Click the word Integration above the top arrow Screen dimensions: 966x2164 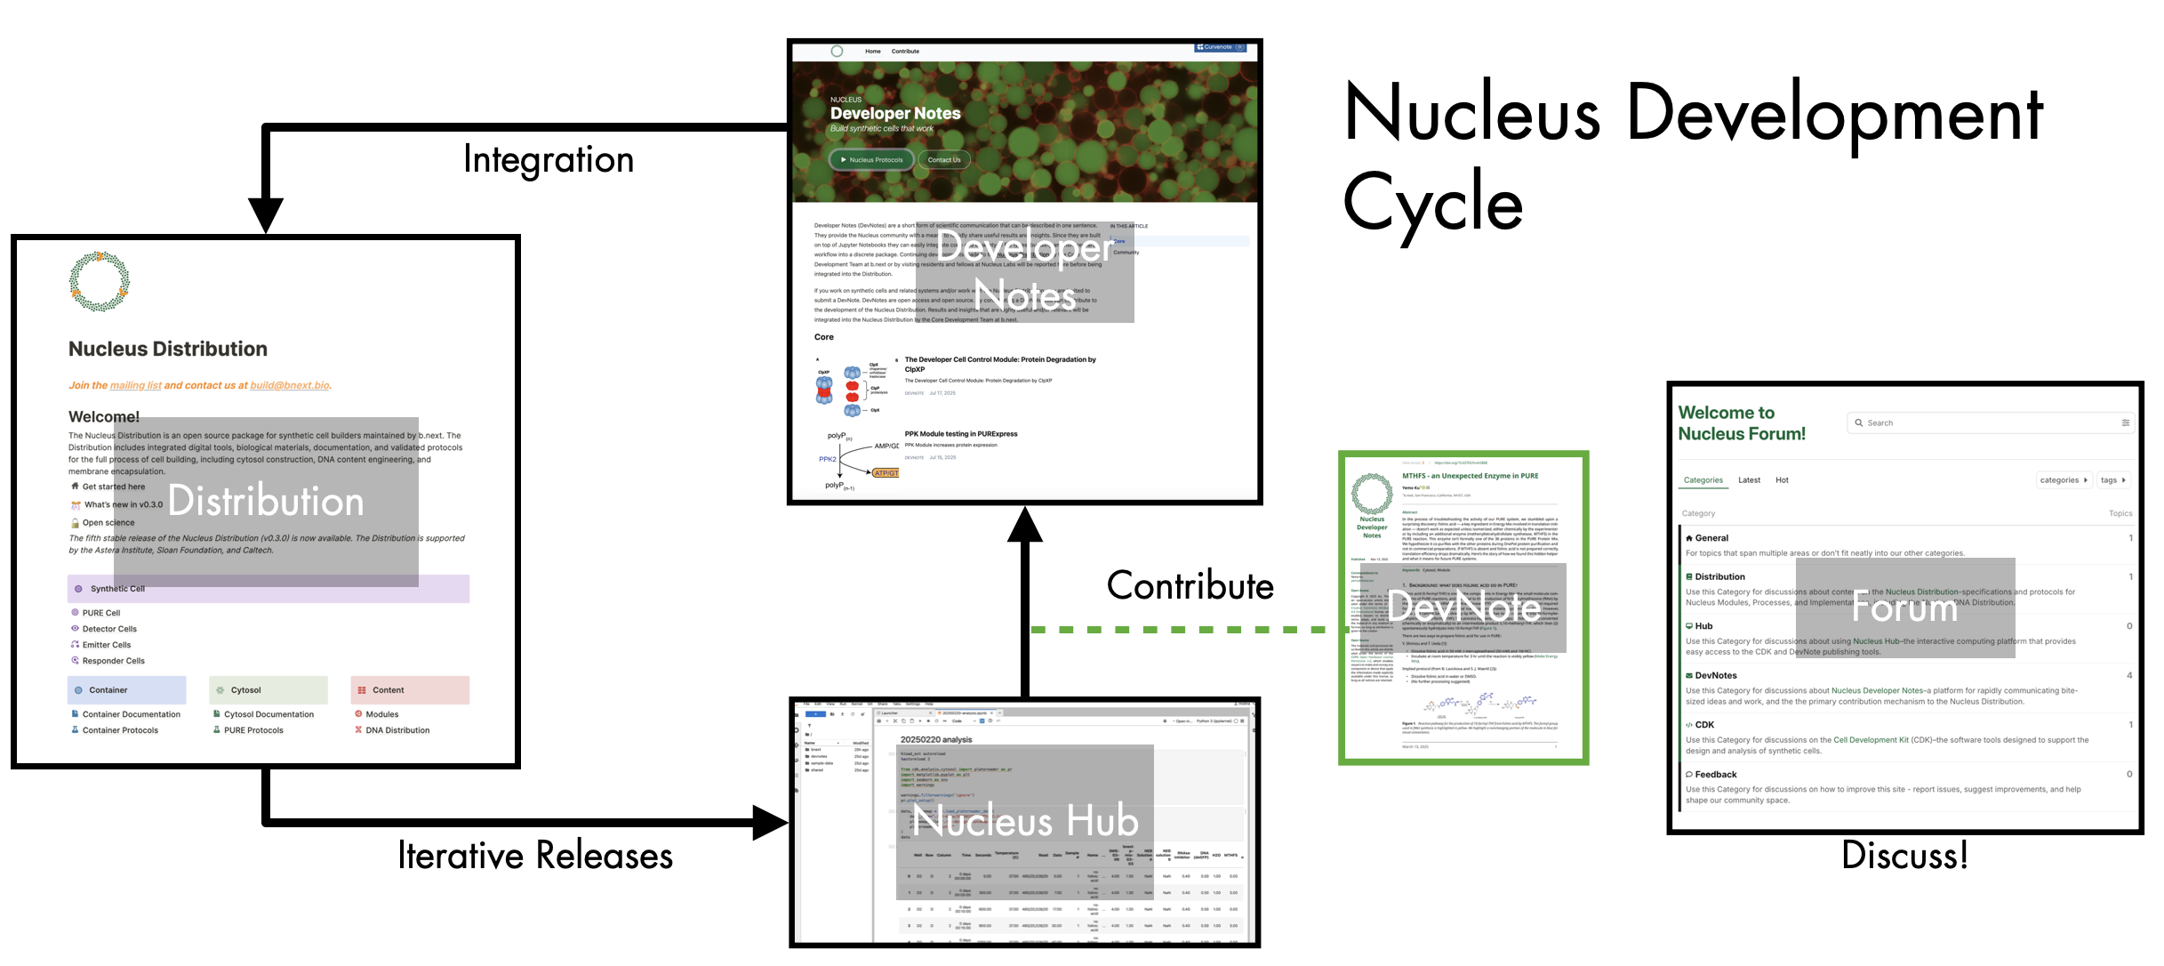click(549, 160)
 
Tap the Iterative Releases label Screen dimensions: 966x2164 click(535, 856)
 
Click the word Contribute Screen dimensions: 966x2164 click(1190, 586)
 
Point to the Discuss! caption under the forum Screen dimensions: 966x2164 click(1904, 856)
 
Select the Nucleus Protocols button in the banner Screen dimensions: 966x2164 click(871, 160)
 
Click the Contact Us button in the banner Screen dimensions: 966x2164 click(944, 160)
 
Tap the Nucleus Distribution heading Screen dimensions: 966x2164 click(168, 350)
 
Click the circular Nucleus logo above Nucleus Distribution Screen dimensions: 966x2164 click(100, 282)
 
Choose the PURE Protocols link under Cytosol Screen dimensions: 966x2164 click(253, 730)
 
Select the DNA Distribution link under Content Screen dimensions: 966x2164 click(397, 730)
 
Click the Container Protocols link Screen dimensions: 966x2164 click(120, 730)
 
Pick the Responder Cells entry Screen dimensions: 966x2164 click(113, 661)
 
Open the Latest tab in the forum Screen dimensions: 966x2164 click(1749, 480)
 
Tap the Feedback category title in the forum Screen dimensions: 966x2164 click(1715, 775)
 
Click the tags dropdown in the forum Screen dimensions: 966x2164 click(2112, 480)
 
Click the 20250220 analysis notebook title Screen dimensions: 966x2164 click(935, 740)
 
